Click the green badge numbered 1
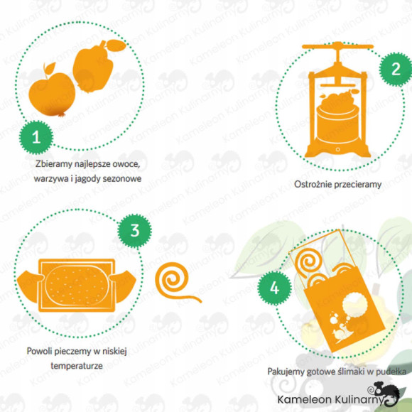[36, 137]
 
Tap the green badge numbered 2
[396, 70]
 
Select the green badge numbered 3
[134, 231]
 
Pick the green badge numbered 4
[274, 288]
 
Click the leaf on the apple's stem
[50, 67]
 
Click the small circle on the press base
[338, 149]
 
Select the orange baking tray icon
[77, 286]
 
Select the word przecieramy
[357, 185]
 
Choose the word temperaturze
[77, 366]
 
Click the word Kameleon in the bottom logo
[305, 400]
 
